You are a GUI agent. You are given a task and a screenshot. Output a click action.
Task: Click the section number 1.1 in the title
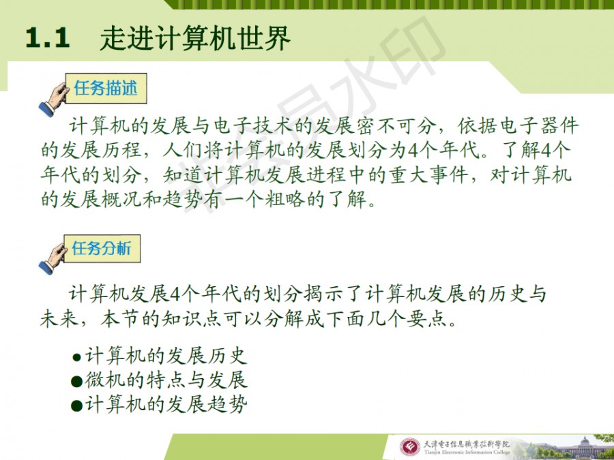coord(48,39)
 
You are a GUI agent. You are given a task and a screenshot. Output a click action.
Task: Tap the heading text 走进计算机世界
coord(195,38)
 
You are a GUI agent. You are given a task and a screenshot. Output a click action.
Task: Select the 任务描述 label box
coord(106,89)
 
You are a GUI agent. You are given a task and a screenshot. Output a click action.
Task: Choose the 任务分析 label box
coord(102,249)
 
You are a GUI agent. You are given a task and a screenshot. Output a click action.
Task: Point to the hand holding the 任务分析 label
coord(52,258)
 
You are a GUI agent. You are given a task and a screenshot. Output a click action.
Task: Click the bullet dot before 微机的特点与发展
coord(76,382)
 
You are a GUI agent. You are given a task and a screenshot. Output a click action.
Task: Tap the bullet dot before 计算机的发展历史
coord(76,357)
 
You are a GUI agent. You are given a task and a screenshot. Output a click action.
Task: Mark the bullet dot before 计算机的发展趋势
coord(76,405)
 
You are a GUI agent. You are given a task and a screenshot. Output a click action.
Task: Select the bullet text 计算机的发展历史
coord(166,356)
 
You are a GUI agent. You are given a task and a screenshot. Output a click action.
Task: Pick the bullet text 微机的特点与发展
coord(166,380)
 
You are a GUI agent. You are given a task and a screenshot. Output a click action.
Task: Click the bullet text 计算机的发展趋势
coord(166,404)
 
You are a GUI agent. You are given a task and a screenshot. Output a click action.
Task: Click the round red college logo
coord(409,448)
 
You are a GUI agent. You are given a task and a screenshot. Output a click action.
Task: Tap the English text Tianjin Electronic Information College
coord(467,453)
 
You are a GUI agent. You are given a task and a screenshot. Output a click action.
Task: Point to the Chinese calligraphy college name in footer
coord(467,444)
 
